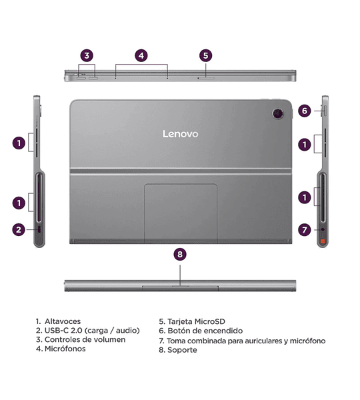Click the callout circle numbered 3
click(87, 56)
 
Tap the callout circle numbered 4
click(141, 56)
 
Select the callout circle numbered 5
click(206, 56)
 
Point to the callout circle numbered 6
click(305, 111)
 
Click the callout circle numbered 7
click(305, 230)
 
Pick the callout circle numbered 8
click(180, 254)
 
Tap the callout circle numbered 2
click(19, 230)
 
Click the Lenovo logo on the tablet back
click(180, 134)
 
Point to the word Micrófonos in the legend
click(65, 349)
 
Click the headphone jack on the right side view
click(323, 229)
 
